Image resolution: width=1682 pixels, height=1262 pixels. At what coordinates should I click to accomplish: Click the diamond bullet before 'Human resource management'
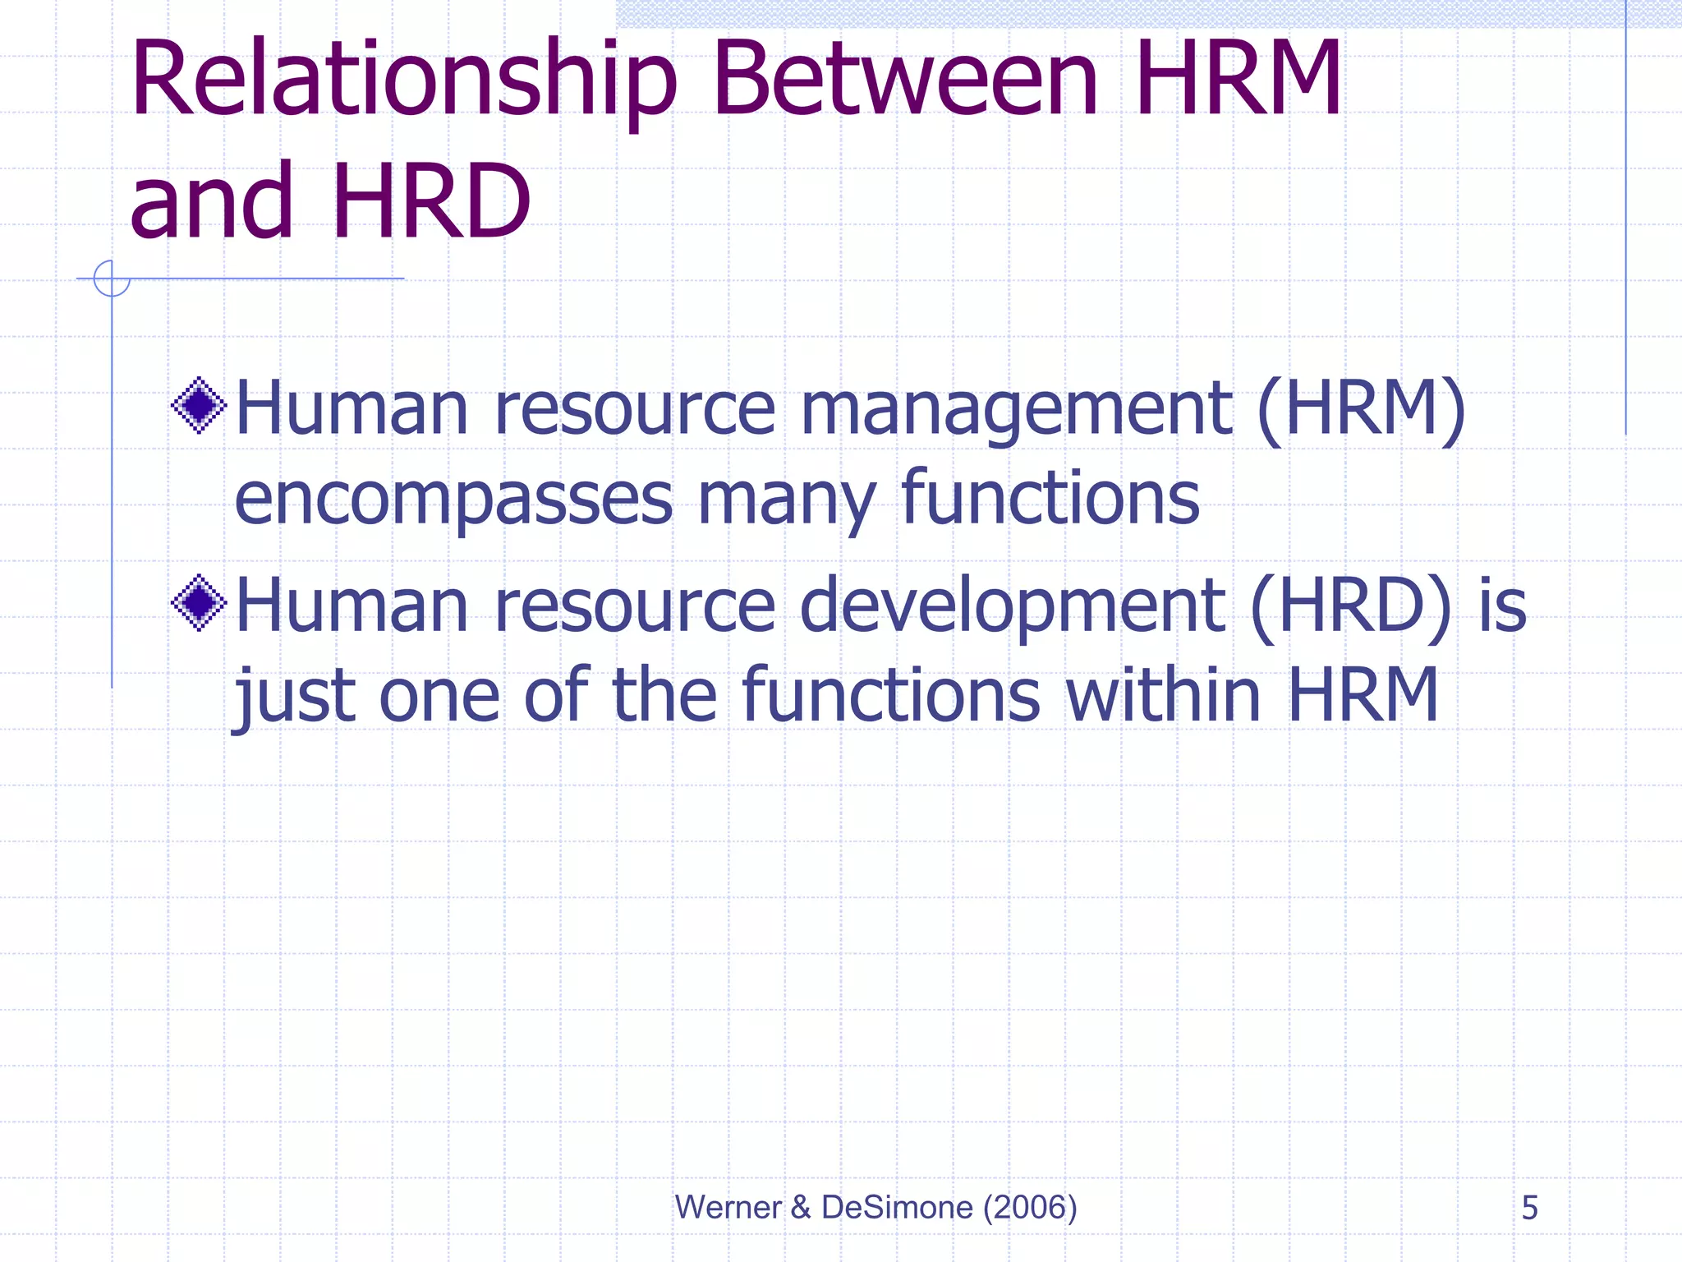click(x=199, y=405)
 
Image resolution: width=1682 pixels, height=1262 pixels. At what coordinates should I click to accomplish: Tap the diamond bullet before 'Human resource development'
click(x=199, y=603)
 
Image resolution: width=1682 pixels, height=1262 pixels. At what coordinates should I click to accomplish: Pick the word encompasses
click(x=453, y=500)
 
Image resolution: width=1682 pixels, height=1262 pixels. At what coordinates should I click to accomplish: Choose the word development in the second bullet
click(x=1012, y=608)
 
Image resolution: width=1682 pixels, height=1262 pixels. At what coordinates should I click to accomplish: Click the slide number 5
click(x=1529, y=1208)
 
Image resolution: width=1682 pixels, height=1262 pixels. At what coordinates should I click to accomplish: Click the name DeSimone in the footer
click(x=897, y=1208)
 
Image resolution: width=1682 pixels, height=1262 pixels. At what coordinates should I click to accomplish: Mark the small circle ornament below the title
click(x=112, y=279)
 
